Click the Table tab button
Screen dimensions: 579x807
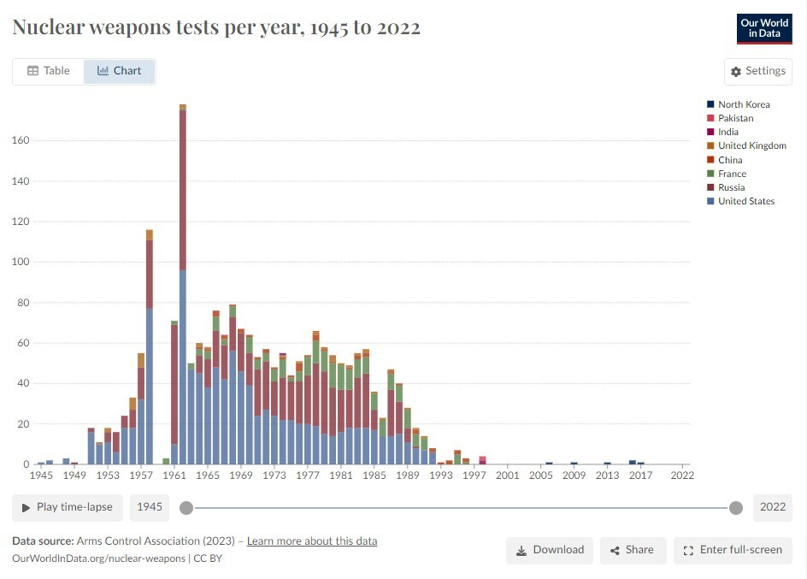49,71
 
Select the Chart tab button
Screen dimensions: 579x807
119,71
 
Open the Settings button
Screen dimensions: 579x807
757,71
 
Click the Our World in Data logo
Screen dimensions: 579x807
764,28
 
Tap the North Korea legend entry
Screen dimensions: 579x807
744,104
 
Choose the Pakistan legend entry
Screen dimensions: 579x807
735,118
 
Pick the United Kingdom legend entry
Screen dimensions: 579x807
751,145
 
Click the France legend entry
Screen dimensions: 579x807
732,174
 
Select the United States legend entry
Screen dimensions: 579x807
745,201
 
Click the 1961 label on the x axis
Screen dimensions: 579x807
174,476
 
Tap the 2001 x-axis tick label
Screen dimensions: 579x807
507,476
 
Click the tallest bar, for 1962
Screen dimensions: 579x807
183,282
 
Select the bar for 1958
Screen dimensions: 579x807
150,342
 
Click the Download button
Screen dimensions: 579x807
550,550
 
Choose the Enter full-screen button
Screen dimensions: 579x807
733,550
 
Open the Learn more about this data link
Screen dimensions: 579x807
312,541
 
